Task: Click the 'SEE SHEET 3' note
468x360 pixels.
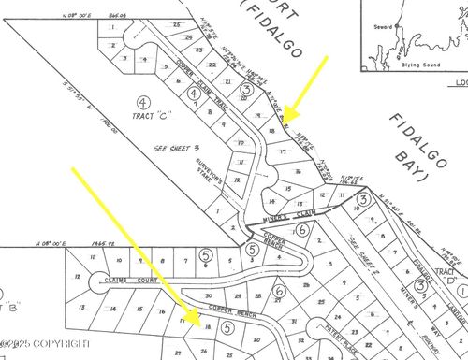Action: pos(174,147)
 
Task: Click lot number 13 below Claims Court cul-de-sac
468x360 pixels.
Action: pos(81,306)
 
